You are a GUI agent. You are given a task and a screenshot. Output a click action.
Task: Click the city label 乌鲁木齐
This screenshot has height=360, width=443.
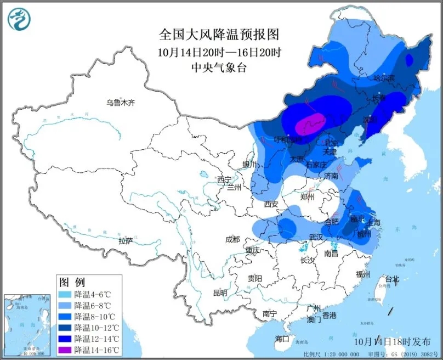(120, 103)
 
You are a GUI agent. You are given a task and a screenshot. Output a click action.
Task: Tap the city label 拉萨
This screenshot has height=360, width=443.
(126, 240)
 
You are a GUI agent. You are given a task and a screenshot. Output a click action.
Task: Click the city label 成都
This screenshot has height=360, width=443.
(232, 239)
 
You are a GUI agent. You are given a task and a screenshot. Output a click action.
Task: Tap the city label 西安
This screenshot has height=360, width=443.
(271, 204)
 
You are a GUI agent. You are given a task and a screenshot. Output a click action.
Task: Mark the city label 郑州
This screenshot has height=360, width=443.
(308, 197)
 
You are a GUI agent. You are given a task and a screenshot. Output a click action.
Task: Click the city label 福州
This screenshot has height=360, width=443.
(363, 274)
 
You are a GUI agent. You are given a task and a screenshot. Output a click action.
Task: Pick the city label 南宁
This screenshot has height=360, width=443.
(269, 314)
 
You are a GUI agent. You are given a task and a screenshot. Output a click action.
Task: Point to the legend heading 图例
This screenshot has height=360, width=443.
(72, 283)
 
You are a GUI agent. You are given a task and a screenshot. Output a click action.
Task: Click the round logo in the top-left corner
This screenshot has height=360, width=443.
(19, 19)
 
